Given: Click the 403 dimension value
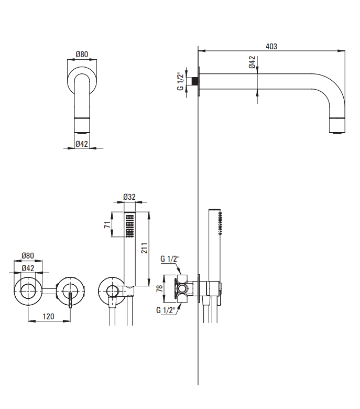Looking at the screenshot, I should pos(271,46).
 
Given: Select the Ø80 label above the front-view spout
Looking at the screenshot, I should pos(81,54).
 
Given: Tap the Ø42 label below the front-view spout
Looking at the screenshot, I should pos(81,144).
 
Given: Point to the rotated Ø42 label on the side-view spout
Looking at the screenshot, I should pos(252,62).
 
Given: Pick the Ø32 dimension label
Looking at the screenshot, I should pos(129,197).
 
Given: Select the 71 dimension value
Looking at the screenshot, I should pos(107,225).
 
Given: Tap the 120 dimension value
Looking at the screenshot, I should pos(49,316).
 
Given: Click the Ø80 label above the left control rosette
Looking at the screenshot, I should pos(28,256).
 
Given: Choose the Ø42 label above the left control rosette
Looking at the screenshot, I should pos(28,268).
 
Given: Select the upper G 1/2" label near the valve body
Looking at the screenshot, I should pos(170,259).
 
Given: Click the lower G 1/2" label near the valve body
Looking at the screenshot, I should pos(166,310).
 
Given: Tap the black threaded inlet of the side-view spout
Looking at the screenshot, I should pos(195,81).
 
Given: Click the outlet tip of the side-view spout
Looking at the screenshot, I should pos(337,126).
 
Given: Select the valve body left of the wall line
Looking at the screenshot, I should pos(182,288).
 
